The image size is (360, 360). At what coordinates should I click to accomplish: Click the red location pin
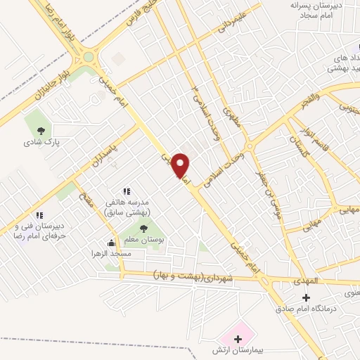click(181, 165)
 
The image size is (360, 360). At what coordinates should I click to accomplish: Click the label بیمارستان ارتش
click(240, 349)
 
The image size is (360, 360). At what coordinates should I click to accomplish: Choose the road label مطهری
click(232, 120)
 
